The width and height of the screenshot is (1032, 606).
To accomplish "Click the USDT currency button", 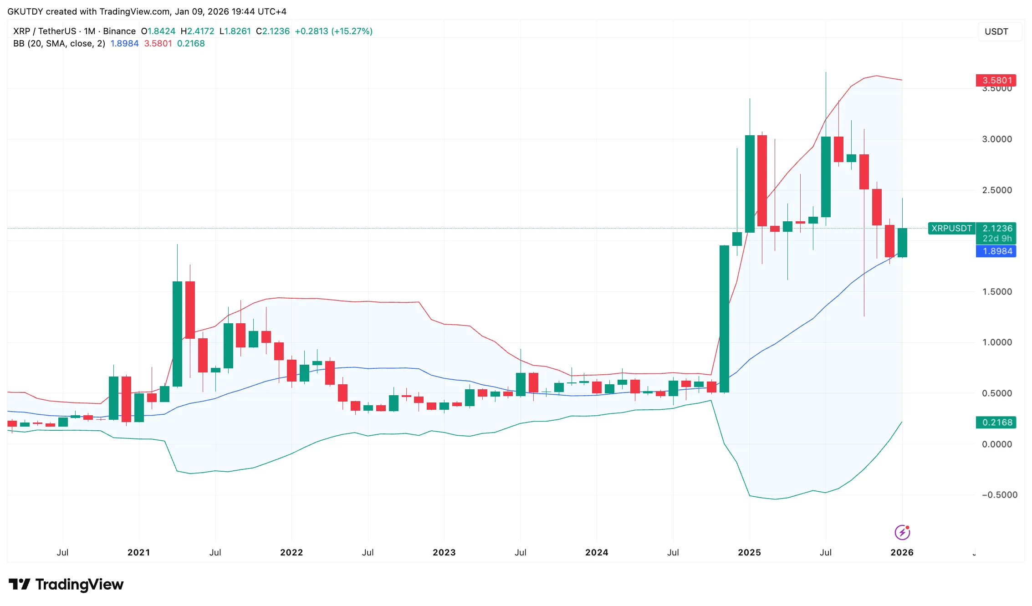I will (x=996, y=32).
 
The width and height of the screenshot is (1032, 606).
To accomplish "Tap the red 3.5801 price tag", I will (x=996, y=81).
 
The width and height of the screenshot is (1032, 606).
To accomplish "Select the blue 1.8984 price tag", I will (x=996, y=251).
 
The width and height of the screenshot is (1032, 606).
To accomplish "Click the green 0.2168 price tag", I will (x=996, y=423).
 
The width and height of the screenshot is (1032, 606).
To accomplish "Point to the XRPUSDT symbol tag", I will (x=951, y=229).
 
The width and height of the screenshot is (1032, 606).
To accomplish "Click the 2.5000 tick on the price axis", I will (x=996, y=190).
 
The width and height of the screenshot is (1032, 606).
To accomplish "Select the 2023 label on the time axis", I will (x=444, y=552).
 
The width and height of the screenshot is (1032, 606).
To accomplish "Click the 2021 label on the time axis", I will (x=139, y=552).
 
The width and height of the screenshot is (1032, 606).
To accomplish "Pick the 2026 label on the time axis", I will (x=902, y=552).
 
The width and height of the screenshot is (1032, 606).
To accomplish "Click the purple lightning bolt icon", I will (x=902, y=532).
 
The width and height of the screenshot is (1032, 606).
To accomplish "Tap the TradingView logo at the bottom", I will (x=66, y=584).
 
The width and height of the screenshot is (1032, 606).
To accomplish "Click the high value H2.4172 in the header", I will (x=197, y=31).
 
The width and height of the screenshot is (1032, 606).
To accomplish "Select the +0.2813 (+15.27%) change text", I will (x=333, y=31).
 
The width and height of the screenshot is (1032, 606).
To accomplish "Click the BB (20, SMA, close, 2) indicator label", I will (x=59, y=44).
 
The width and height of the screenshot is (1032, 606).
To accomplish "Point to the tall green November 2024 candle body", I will (x=724, y=319).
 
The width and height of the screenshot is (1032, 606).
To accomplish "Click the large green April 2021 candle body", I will (x=177, y=334).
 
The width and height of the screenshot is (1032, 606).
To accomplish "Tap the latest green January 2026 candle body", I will (x=902, y=243).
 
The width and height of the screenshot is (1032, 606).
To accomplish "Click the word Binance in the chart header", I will (x=119, y=31).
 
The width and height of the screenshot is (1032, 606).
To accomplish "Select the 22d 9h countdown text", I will (x=997, y=239).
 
